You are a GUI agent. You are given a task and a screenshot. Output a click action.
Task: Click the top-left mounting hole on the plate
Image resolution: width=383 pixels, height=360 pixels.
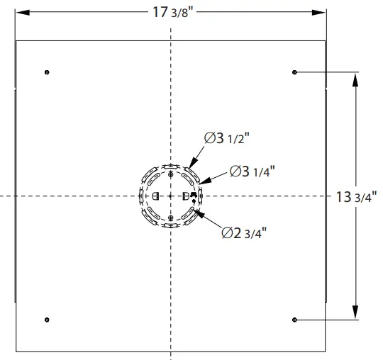point(47,72)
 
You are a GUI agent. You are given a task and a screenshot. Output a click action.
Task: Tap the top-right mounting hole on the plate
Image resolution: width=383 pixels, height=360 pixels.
point(294,72)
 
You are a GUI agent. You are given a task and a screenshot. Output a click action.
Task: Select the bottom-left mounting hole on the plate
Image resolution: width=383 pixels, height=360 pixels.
point(47,320)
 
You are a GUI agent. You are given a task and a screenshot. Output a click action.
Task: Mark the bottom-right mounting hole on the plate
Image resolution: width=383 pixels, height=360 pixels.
point(294,320)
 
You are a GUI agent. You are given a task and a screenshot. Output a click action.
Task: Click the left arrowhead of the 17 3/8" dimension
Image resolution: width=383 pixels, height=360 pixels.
point(20,13)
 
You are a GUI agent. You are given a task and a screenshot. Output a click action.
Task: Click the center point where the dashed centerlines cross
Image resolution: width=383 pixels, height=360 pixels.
point(171,195)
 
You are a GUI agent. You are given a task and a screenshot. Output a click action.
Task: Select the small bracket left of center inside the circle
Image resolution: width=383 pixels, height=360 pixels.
point(156,196)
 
